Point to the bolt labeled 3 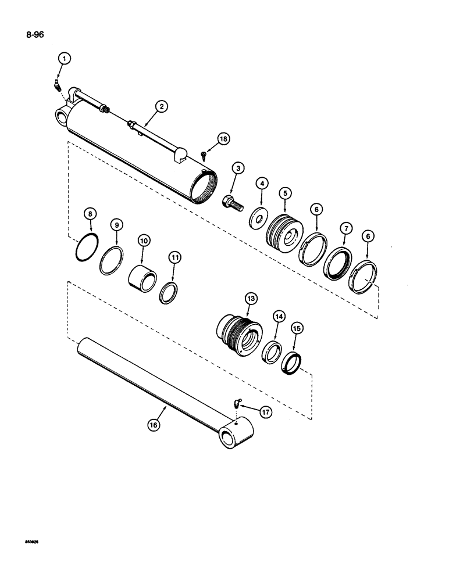tap(231, 203)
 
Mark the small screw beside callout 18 tap(204, 154)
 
